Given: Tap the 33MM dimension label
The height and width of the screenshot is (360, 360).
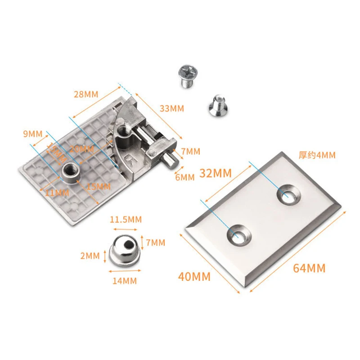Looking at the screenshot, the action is (x=171, y=108).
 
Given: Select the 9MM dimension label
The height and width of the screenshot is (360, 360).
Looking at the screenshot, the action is (x=32, y=133).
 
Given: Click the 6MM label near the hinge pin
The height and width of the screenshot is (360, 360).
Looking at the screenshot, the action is (x=184, y=177).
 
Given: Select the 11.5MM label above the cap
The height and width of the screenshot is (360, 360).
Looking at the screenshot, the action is (x=126, y=219).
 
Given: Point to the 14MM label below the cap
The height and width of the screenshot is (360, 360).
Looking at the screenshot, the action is (x=124, y=281).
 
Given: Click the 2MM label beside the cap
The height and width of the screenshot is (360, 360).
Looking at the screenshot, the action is (x=90, y=256).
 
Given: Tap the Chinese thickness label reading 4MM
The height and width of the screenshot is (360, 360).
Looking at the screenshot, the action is (x=317, y=155).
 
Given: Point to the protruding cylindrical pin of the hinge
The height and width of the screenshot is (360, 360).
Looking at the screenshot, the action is (x=169, y=160).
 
